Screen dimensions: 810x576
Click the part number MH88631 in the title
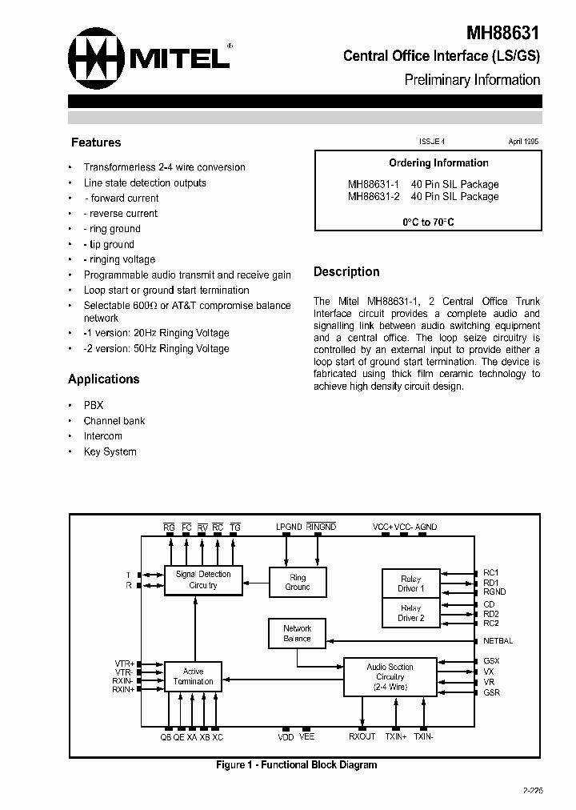[x=503, y=33]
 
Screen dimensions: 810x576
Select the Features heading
[x=96, y=142]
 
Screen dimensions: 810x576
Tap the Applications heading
[x=104, y=379]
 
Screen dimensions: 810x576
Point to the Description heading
[x=346, y=272]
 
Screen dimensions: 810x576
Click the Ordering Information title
[x=438, y=163]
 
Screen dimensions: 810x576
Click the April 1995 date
[x=523, y=141]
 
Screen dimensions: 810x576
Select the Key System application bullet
[x=110, y=451]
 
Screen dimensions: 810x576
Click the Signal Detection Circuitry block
[x=203, y=579]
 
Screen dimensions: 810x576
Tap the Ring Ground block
[x=298, y=582]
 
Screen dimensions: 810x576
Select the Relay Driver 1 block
[x=411, y=583]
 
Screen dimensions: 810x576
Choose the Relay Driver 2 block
[x=411, y=613]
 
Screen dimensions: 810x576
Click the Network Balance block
[x=297, y=633]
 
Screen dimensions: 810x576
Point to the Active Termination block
[x=193, y=676]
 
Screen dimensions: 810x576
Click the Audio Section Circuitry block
[x=390, y=677]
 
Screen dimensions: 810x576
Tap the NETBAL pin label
[x=498, y=641]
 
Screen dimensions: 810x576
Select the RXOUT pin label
[x=362, y=736]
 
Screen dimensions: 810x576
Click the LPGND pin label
[x=289, y=527]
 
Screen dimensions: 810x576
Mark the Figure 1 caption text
[x=296, y=765]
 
